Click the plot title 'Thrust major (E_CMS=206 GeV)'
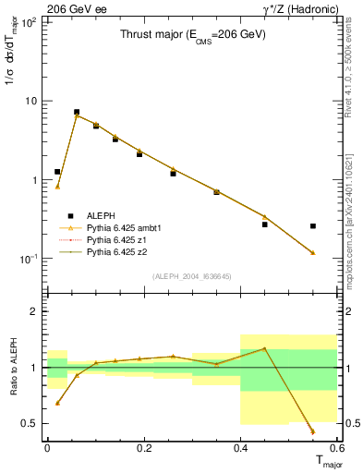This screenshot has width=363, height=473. point(192,35)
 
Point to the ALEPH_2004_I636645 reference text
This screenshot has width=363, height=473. point(192,276)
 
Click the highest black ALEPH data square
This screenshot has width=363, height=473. point(77,112)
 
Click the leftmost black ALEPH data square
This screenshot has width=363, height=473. point(57,172)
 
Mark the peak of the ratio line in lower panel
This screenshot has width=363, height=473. point(264,348)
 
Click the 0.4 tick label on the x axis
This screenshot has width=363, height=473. point(240,448)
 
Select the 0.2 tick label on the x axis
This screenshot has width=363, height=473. point(144,448)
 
